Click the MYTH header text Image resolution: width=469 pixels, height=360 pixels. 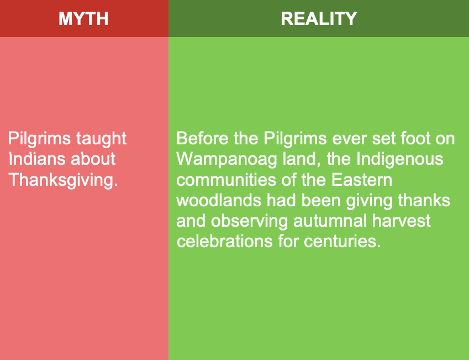tap(83, 19)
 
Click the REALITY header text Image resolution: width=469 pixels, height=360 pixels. tap(319, 19)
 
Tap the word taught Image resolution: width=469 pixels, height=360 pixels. tap(102, 139)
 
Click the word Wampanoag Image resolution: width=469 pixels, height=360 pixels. tap(226, 160)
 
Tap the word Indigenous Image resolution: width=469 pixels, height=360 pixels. tap(399, 160)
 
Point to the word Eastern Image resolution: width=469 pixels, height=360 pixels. tap(362, 180)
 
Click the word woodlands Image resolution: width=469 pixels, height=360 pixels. tap(219, 200)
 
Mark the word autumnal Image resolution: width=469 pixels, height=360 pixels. tap(330, 221)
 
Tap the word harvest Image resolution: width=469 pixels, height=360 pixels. tap(401, 221)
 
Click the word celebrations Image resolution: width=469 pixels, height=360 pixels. tap(225, 242)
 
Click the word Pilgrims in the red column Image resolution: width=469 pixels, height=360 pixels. tap(39, 139)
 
